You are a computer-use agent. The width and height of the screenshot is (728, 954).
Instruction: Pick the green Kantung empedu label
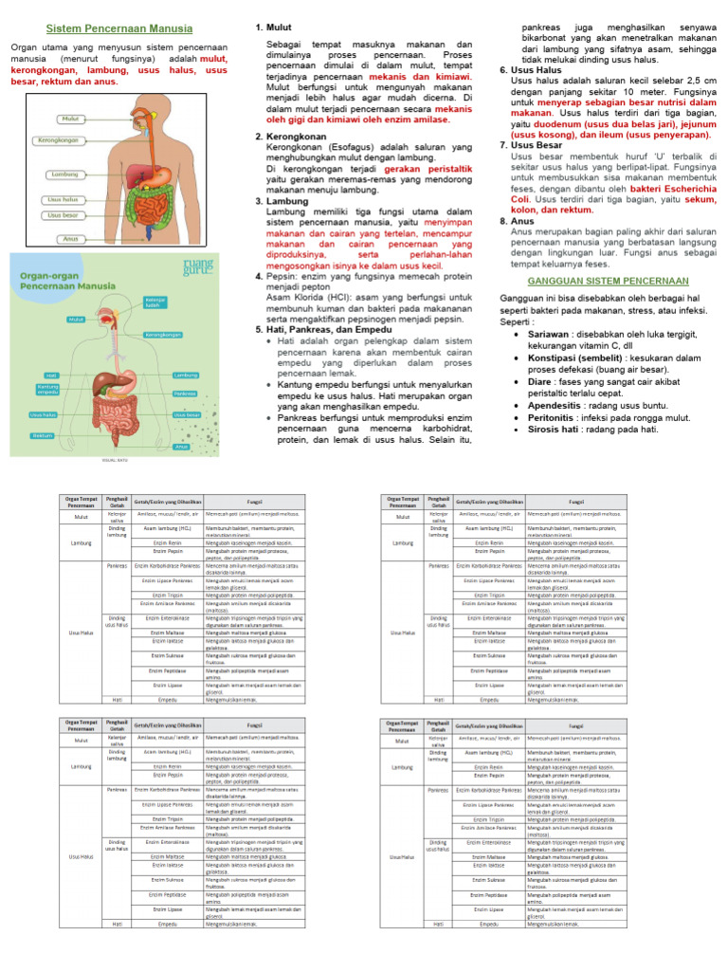click(45, 389)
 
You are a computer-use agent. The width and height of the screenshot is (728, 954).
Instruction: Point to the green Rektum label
click(41, 435)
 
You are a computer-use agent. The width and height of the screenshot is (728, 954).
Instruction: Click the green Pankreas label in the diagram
click(185, 393)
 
